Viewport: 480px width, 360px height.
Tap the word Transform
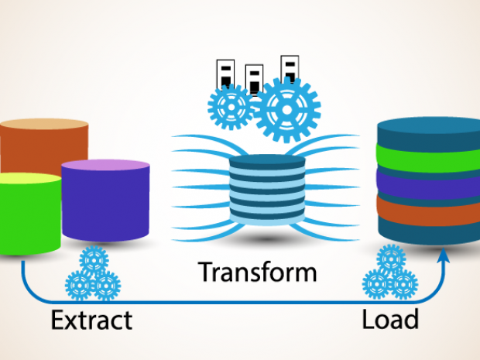pyautogui.click(x=257, y=273)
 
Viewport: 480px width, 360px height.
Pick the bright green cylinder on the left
pyautogui.click(x=29, y=217)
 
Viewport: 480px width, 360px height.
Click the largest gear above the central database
pyautogui.click(x=287, y=109)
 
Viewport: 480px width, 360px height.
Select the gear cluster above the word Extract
pyautogui.click(x=93, y=276)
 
